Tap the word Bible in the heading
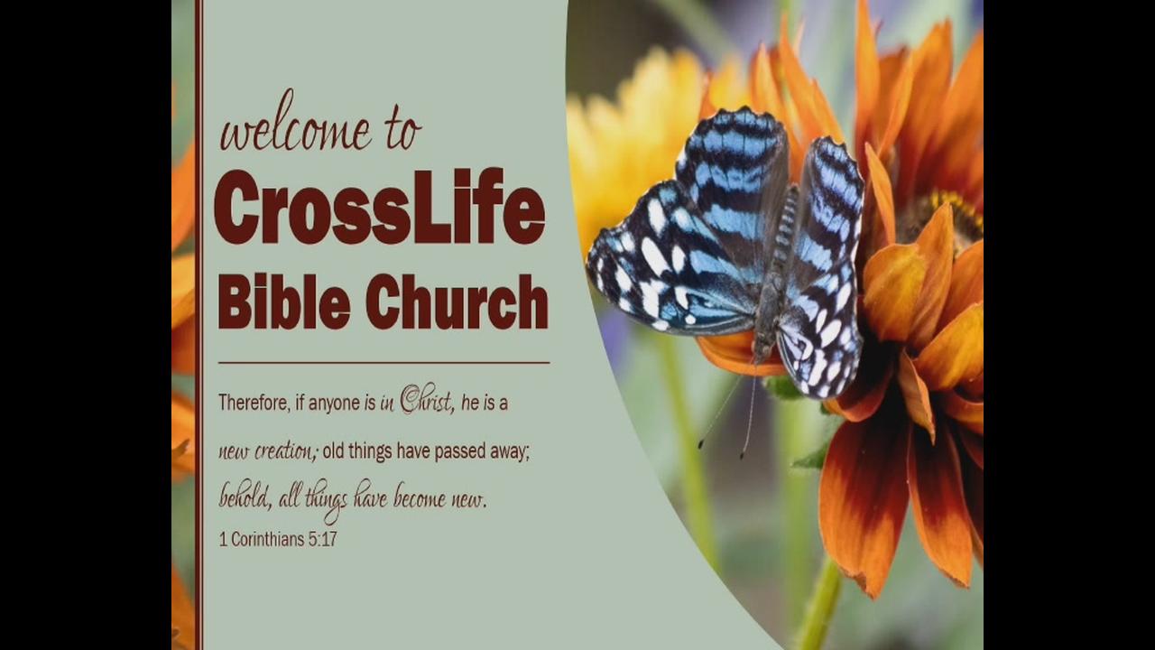pos(284,302)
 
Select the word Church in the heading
pos(457,302)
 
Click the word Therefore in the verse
pos(254,402)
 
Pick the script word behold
pos(245,497)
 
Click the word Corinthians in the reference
pos(268,540)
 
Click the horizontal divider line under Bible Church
pos(383,363)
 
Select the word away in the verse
pos(511,453)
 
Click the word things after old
pos(371,452)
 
